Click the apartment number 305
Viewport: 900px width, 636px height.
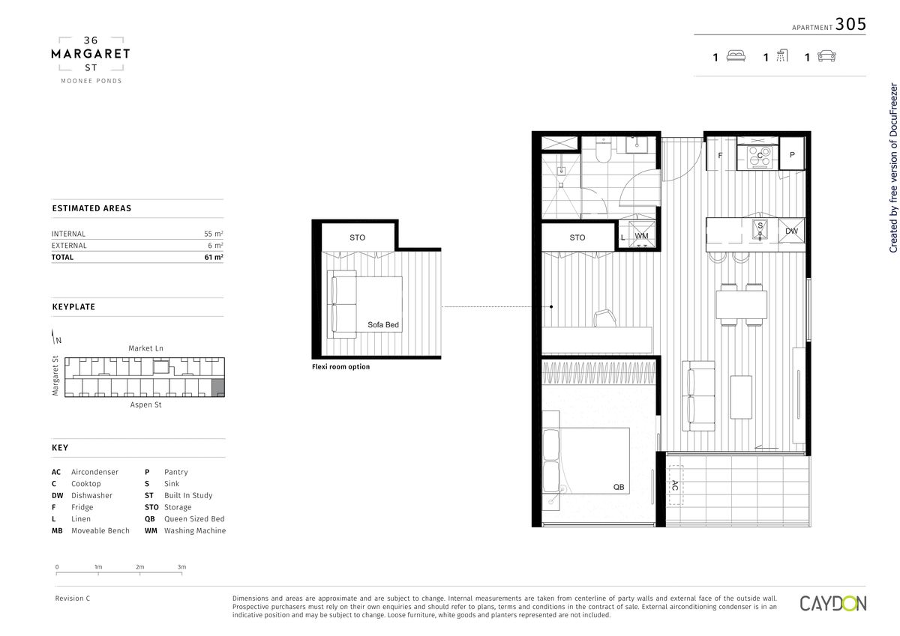tap(850, 24)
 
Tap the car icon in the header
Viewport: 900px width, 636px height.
tap(826, 56)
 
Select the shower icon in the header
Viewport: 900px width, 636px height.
tap(781, 55)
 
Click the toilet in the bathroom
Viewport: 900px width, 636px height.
tap(603, 150)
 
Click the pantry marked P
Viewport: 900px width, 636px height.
tap(792, 154)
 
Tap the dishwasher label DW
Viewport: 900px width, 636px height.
tap(791, 231)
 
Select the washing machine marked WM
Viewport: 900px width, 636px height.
tap(641, 236)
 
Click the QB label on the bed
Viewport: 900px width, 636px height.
tap(619, 487)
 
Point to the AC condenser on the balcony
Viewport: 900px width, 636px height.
tap(675, 485)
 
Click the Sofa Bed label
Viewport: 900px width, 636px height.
tap(383, 324)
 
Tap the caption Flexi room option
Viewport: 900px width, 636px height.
tap(340, 366)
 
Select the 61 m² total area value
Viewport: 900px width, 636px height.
tap(214, 257)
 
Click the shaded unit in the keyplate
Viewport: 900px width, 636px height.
tap(217, 387)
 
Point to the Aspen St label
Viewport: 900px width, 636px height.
tap(145, 405)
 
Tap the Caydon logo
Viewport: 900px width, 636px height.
tap(833, 604)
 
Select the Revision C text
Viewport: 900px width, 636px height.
tap(72, 598)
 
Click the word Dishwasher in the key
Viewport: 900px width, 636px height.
tap(91, 495)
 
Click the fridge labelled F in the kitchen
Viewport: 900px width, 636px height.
tap(721, 155)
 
